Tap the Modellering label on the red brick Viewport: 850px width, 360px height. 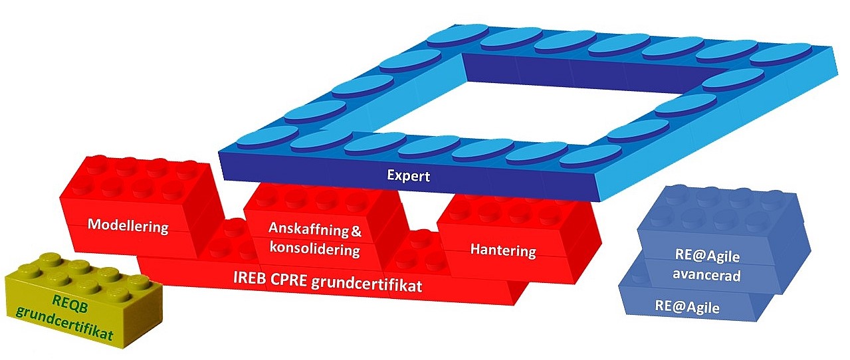click(129, 226)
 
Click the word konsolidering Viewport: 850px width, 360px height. click(316, 250)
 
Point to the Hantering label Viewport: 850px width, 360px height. click(502, 250)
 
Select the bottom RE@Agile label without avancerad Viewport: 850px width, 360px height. click(687, 308)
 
